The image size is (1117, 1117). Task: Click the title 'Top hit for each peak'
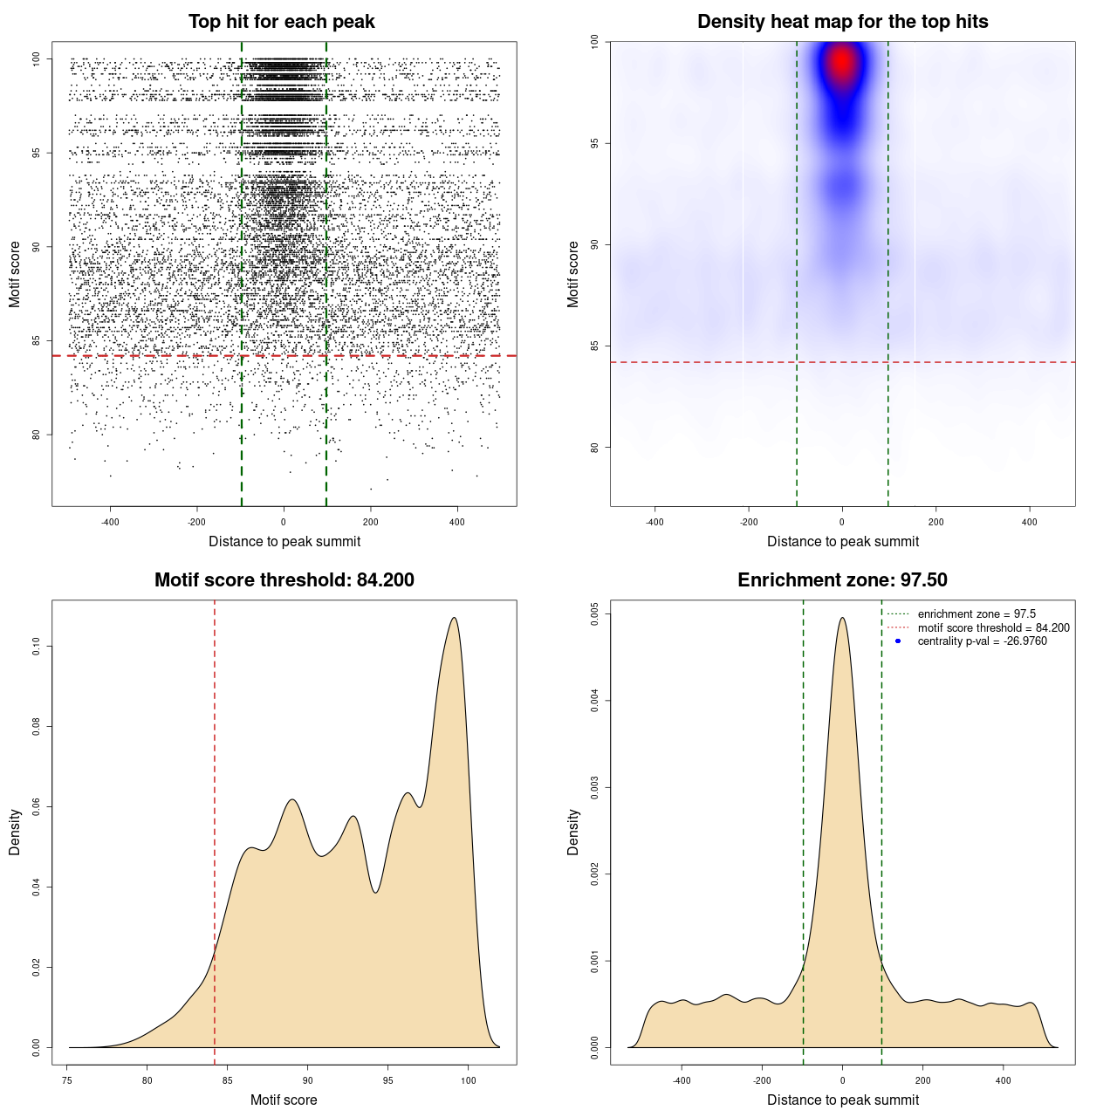point(281,22)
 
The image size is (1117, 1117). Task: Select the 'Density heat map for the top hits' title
point(842,22)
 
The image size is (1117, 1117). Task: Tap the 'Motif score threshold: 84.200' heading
point(284,580)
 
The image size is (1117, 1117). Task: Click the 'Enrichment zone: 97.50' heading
point(842,580)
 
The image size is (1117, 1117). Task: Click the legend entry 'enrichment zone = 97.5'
point(976,614)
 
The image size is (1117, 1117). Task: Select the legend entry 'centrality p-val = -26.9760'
point(982,641)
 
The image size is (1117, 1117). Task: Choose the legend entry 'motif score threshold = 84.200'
point(993,628)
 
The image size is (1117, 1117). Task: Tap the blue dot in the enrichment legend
point(898,641)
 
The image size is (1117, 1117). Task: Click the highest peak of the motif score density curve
point(454,618)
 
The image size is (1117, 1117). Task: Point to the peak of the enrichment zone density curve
point(842,618)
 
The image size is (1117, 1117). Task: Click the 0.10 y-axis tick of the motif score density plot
point(36,646)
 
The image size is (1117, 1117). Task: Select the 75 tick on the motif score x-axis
point(67,1080)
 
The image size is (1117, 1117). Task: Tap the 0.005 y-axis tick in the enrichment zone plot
point(594,614)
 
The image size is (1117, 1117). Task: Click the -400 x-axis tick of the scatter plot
point(110,522)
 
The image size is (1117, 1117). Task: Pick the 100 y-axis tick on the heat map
point(594,42)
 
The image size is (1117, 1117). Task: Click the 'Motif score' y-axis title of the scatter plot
point(15,274)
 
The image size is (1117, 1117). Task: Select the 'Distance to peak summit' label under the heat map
point(842,542)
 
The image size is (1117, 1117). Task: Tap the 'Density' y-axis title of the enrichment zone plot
point(573,832)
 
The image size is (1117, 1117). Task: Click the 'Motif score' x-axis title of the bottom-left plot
point(284,1100)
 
